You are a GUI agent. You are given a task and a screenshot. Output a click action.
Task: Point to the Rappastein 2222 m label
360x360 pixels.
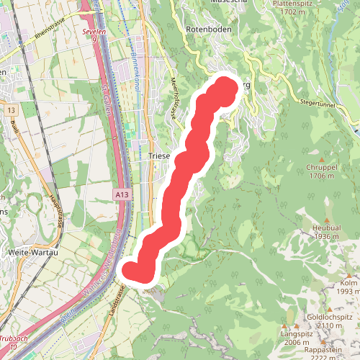(326, 352)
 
